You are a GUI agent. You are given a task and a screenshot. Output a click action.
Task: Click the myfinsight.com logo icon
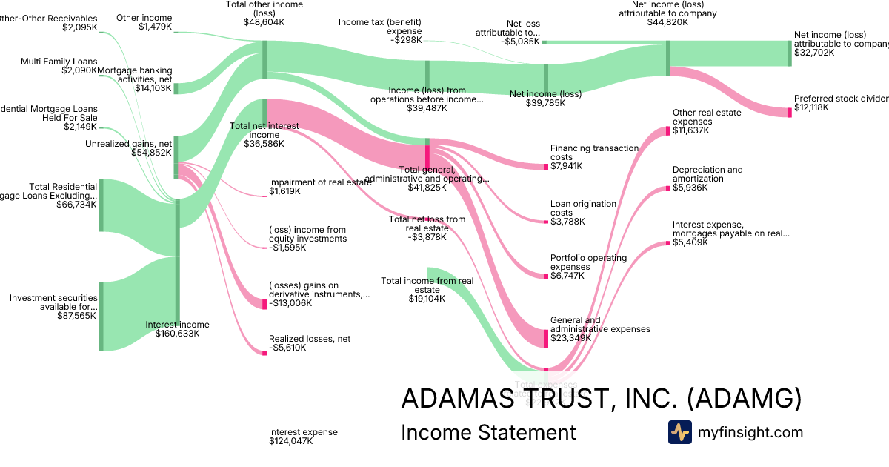point(679,432)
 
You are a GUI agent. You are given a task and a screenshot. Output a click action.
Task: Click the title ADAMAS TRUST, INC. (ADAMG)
point(601,398)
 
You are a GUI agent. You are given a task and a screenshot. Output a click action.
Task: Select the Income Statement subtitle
point(487,432)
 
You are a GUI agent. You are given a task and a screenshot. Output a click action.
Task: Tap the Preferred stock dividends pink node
point(789,112)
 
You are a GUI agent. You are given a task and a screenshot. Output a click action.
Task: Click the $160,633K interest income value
point(177,334)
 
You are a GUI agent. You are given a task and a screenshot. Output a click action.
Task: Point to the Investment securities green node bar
point(101,317)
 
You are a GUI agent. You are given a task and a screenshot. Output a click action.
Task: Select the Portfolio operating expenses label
point(588,262)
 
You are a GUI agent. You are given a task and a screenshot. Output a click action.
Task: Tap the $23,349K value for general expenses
point(570,338)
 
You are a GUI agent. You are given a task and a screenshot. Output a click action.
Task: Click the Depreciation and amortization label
point(707,174)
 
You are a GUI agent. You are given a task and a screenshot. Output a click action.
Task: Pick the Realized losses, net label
point(310,339)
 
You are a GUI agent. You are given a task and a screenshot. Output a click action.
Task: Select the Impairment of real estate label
point(320,182)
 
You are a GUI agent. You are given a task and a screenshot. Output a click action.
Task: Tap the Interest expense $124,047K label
point(303,436)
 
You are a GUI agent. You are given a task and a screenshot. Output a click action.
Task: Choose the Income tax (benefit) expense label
point(380,27)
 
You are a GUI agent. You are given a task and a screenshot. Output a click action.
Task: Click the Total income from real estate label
point(427,285)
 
